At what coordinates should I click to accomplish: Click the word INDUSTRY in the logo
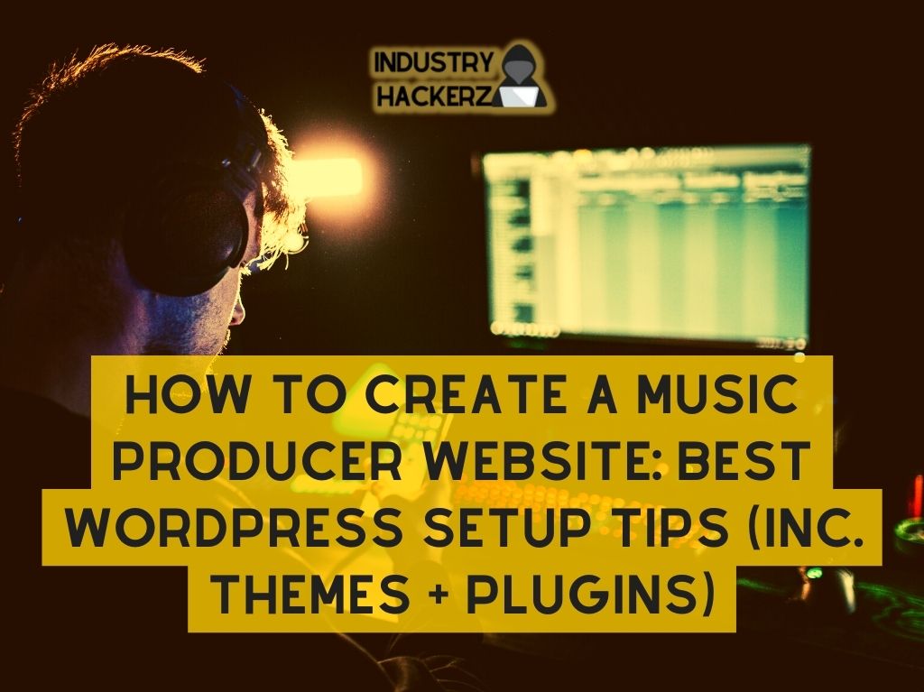[433, 63]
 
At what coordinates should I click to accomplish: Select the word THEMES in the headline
[310, 592]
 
